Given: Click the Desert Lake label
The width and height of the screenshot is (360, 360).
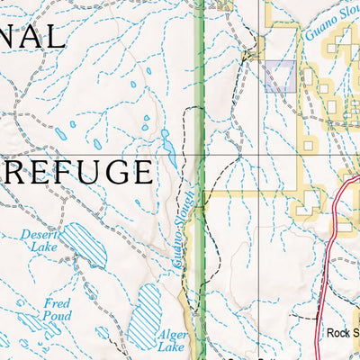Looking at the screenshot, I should point(38,240).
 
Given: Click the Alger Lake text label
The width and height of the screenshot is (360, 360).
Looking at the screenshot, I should point(172,337).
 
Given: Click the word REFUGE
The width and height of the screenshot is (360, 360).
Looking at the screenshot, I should point(81,172).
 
